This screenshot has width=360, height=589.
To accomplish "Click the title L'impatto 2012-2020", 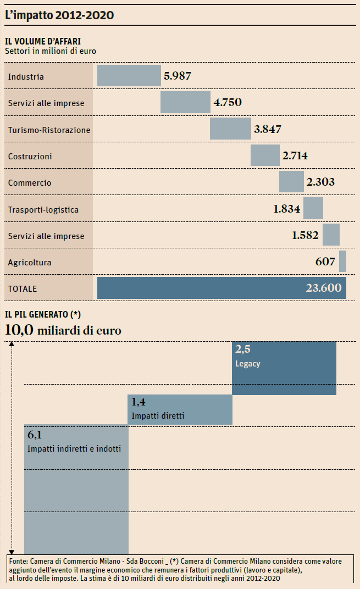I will (x=59, y=15).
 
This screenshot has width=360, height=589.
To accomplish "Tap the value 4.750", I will (x=228, y=102).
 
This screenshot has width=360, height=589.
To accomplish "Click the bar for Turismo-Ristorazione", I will (x=230, y=129).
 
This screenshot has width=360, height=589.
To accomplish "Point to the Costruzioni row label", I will (x=30, y=157).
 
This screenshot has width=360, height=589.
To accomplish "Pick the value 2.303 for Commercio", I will (x=320, y=182).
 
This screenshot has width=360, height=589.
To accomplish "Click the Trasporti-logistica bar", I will (x=313, y=209).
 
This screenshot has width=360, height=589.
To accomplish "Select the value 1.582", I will (x=306, y=235).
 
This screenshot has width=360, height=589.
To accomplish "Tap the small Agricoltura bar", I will (x=342, y=262).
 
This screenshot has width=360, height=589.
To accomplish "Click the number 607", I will (x=325, y=262).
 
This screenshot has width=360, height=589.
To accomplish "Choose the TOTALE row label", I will (x=23, y=288).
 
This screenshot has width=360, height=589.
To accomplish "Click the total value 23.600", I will (x=323, y=288).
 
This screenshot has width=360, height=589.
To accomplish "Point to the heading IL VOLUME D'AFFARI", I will (x=43, y=41).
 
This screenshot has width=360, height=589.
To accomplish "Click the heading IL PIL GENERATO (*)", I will (x=43, y=314).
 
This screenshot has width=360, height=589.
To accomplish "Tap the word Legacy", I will (x=247, y=364).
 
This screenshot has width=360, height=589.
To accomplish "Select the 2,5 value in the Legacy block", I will (x=243, y=349).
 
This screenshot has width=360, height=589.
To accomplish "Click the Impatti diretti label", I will (x=158, y=416).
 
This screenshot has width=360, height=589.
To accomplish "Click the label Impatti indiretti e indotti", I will (x=74, y=449).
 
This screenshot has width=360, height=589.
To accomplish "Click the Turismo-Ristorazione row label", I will (x=49, y=130).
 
